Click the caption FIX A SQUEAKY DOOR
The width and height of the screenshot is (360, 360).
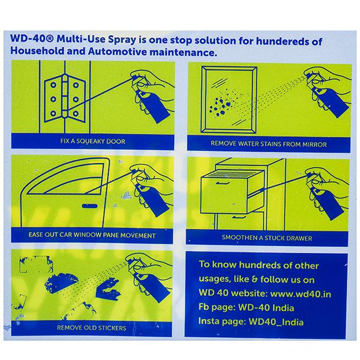[93, 141]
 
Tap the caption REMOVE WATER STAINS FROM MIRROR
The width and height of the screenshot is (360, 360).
[269, 144]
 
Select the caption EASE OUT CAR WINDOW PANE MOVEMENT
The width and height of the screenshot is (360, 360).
[92, 235]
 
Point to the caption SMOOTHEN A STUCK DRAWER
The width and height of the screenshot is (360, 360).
[267, 238]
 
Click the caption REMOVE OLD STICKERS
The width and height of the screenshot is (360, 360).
[92, 328]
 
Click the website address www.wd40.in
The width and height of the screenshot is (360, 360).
[301, 293]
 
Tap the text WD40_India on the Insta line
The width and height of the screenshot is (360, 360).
[276, 322]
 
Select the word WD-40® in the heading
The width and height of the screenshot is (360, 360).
[32, 38]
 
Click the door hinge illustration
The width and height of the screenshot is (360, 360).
[65, 98]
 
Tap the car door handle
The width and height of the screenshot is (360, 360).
[89, 206]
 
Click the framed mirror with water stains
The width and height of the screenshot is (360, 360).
[229, 100]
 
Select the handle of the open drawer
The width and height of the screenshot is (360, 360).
[223, 183]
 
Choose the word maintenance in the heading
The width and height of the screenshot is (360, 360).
[183, 52]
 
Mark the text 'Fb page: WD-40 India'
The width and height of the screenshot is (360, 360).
[247, 308]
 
